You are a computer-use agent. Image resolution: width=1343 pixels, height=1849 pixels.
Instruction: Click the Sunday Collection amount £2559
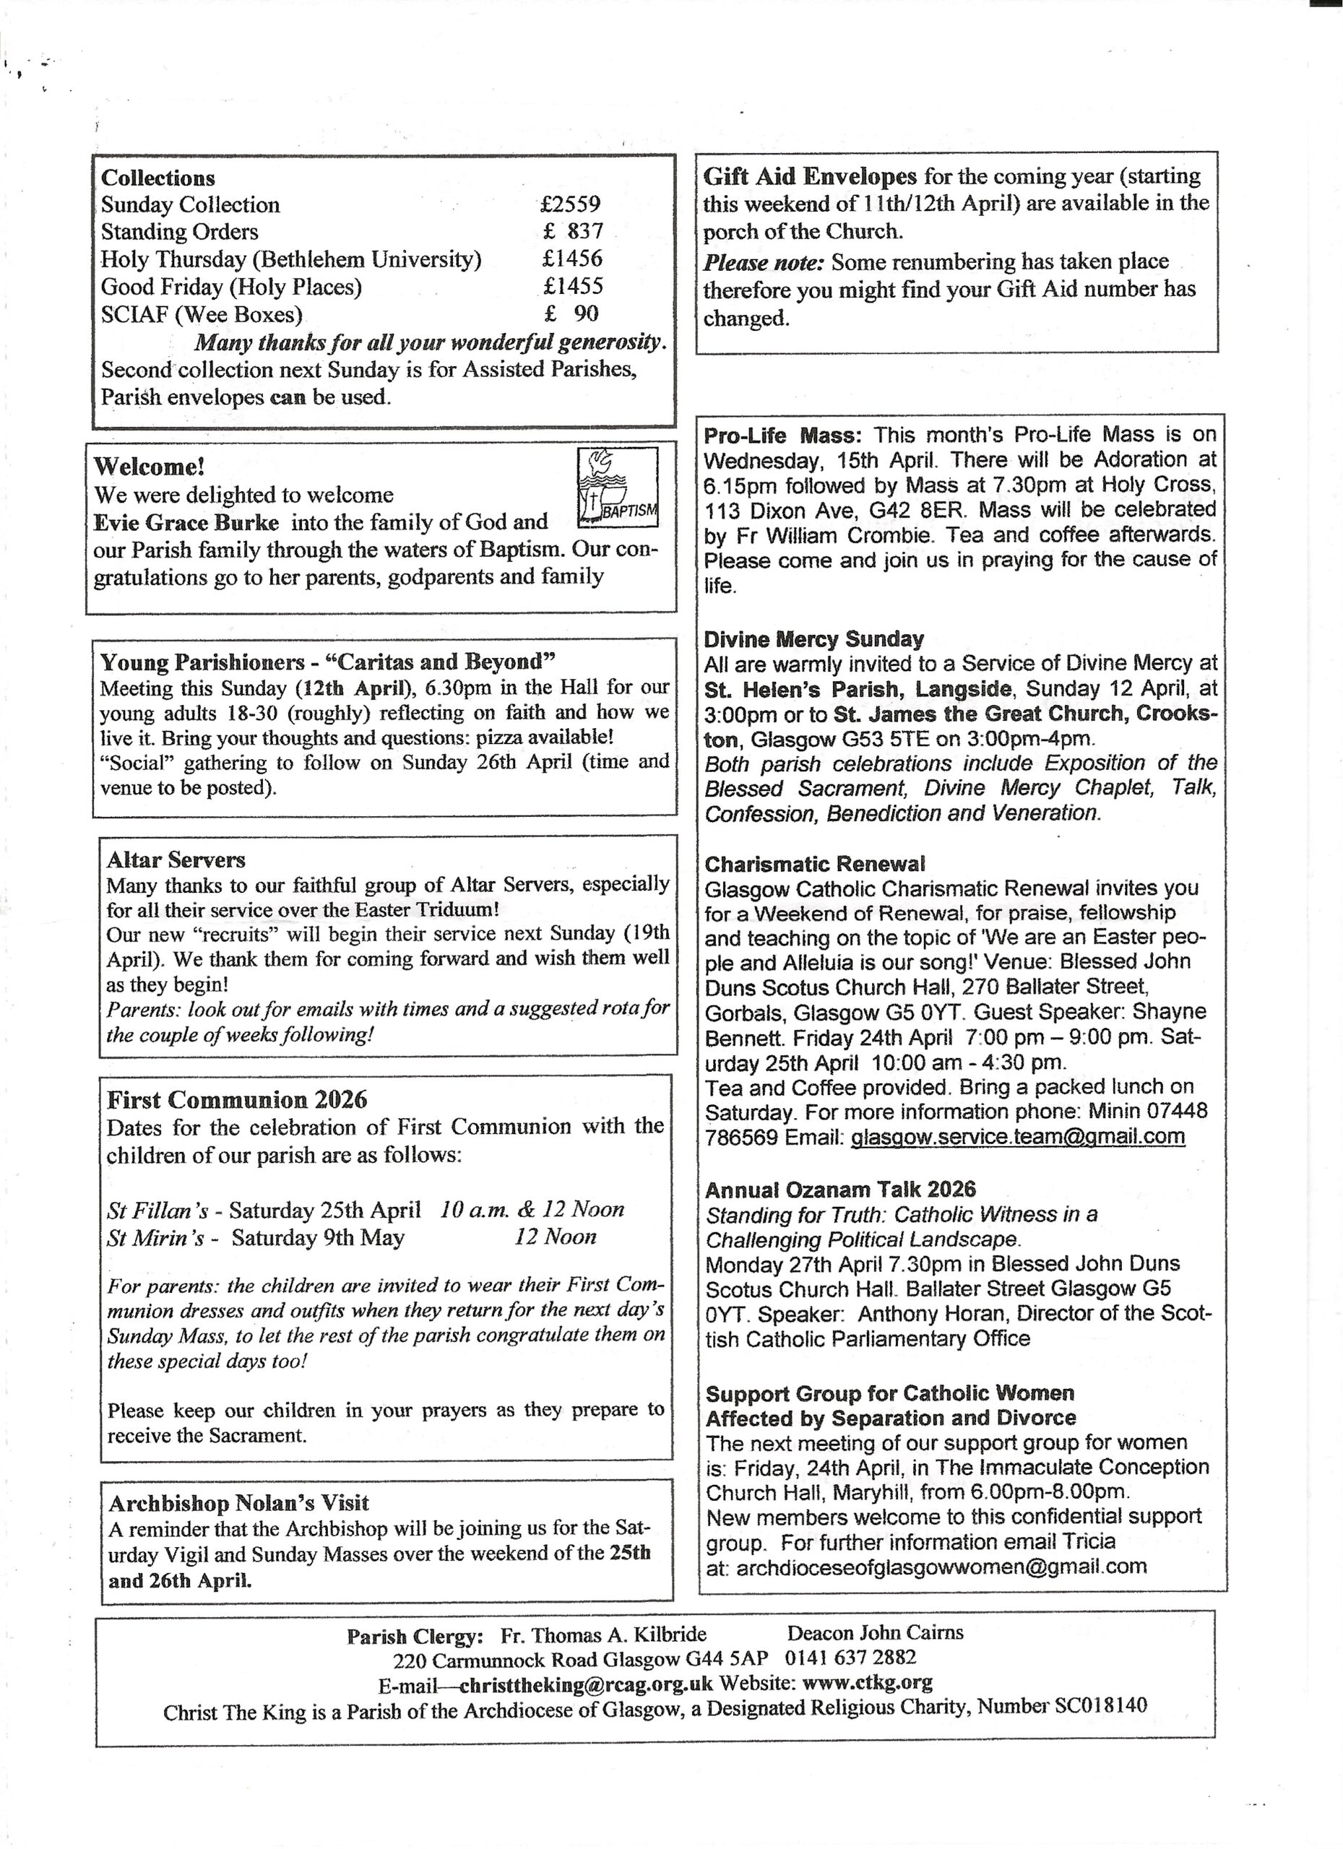coord(570,204)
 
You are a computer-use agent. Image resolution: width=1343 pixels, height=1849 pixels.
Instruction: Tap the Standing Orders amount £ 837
coord(573,232)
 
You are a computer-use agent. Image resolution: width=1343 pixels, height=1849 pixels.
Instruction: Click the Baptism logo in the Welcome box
coord(617,487)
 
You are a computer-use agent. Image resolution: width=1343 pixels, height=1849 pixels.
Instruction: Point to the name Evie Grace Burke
coord(186,523)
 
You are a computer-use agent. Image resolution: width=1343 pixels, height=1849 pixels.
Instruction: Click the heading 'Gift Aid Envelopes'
coord(810,176)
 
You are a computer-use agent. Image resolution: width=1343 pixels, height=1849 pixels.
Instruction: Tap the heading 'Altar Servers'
coord(176,859)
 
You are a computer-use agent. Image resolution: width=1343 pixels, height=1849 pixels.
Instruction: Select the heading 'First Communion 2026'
coord(237,1100)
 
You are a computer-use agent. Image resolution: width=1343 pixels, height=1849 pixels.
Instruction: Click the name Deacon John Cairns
coord(875,1632)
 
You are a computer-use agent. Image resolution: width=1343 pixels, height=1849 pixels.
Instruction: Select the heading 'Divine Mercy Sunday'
coord(813,638)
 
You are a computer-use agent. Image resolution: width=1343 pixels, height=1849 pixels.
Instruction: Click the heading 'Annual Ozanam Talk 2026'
coord(841,1190)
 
